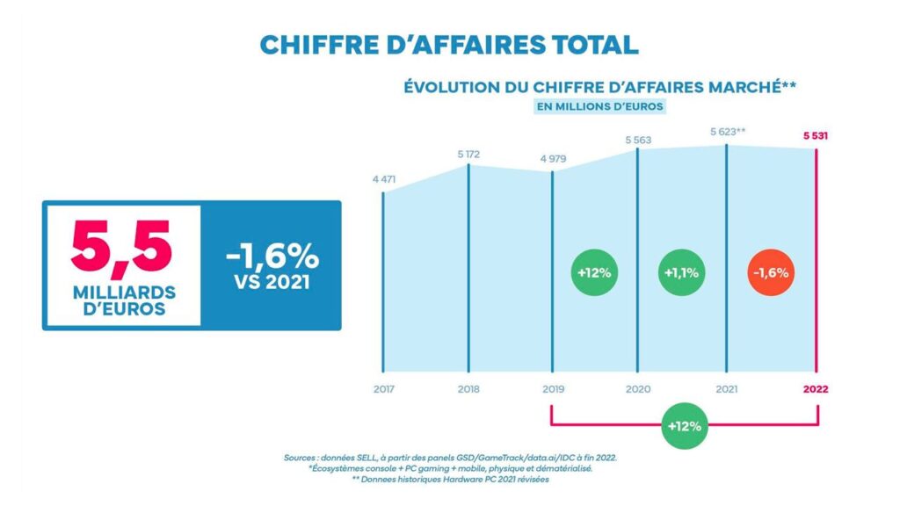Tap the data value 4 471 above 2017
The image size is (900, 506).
click(384, 180)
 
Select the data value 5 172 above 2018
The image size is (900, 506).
click(468, 155)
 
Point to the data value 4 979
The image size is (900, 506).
click(552, 160)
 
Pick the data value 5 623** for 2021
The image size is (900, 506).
click(728, 133)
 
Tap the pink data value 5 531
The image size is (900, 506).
click(815, 136)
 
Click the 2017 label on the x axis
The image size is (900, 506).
click(384, 387)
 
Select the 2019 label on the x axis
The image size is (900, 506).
click(552, 387)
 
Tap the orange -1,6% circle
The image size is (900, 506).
click(770, 272)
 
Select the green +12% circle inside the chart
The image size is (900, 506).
click(594, 272)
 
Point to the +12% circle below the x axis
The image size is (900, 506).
click(683, 427)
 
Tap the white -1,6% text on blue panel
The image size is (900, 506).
click(271, 256)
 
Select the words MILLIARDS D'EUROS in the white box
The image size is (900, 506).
click(121, 300)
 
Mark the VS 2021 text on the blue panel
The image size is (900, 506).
click(271, 284)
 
